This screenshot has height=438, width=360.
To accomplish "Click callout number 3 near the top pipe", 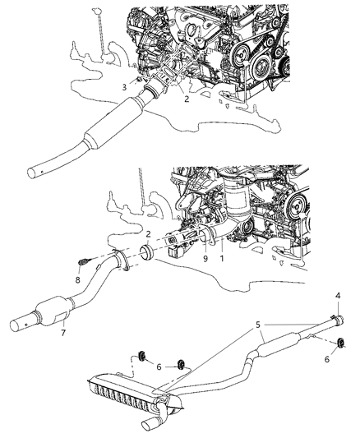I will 125,86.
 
